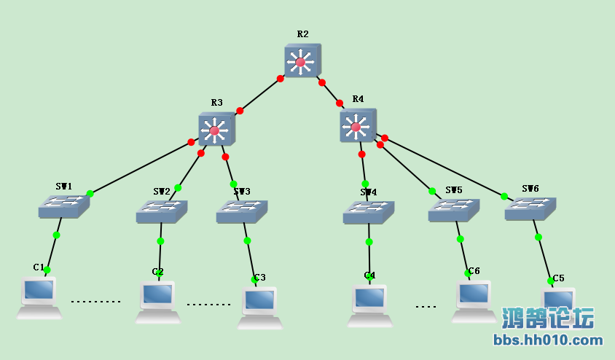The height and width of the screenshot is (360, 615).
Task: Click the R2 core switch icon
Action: click(x=302, y=61)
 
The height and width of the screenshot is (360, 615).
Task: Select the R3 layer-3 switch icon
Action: click(x=216, y=130)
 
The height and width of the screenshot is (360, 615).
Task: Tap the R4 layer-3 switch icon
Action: click(x=357, y=126)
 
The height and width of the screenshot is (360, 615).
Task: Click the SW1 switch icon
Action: click(x=63, y=206)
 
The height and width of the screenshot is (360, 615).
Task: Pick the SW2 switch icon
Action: click(x=161, y=211)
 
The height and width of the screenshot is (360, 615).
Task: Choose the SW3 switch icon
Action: click(x=241, y=211)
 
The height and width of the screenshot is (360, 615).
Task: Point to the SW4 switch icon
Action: click(x=368, y=212)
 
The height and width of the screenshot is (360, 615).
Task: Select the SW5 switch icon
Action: click(x=453, y=210)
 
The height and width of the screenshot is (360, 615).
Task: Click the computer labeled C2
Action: click(x=157, y=301)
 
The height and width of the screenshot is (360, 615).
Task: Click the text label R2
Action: click(x=302, y=34)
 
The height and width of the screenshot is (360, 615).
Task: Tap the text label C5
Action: click(x=558, y=278)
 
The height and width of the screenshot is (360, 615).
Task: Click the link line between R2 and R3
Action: click(x=259, y=95)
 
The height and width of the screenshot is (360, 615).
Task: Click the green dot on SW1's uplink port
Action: click(x=90, y=193)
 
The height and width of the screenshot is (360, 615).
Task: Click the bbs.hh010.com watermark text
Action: click(x=548, y=340)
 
